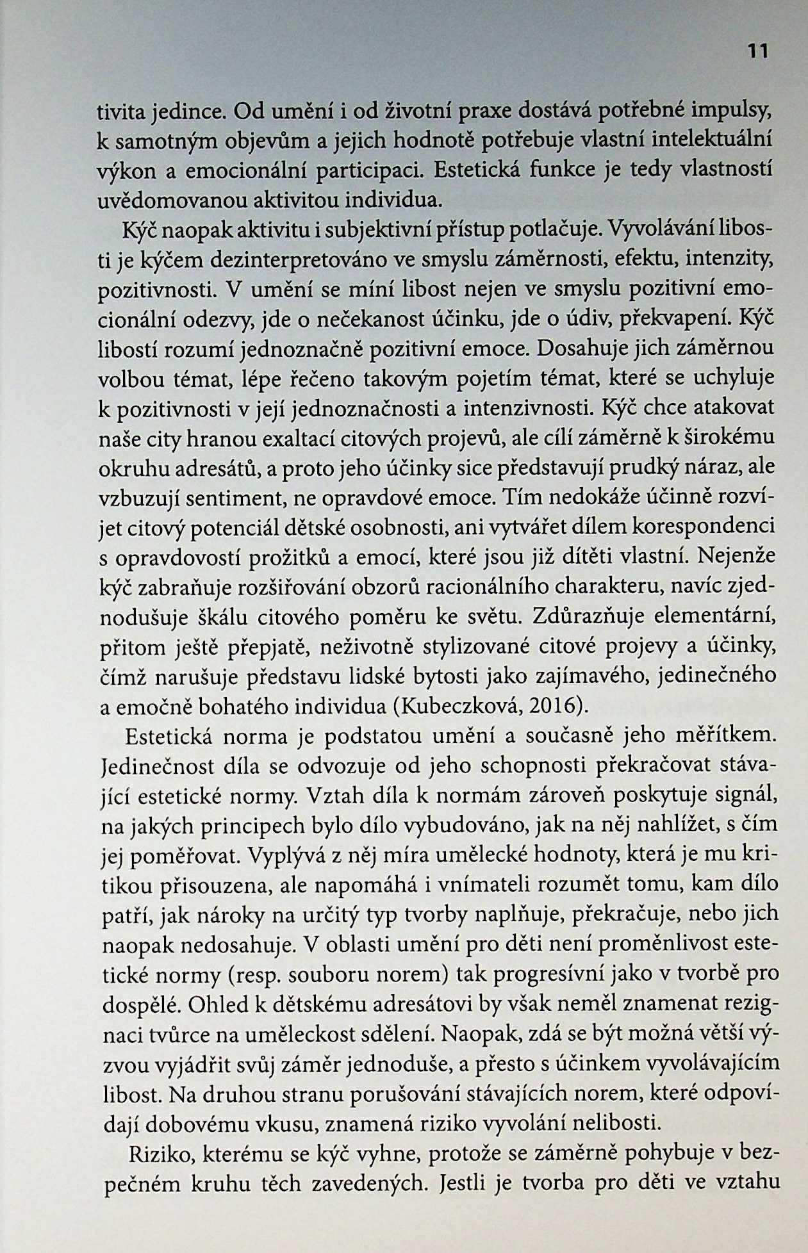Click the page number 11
757,51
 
